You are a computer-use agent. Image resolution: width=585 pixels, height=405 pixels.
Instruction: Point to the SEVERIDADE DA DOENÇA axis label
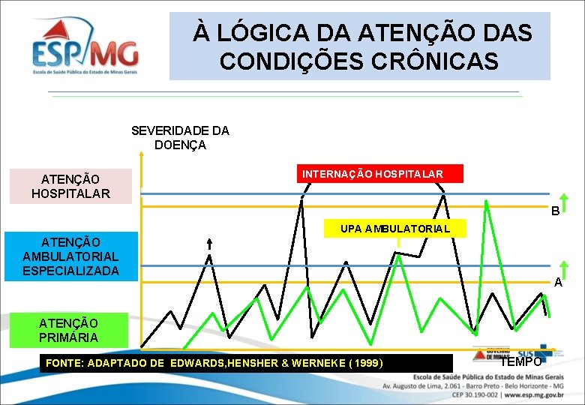(180, 137)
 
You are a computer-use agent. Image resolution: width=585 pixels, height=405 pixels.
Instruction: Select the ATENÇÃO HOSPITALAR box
(70, 186)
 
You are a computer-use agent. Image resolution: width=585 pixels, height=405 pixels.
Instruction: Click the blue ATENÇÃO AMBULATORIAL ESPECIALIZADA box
(70, 256)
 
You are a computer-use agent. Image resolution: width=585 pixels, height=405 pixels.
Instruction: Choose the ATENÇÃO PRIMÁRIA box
(68, 330)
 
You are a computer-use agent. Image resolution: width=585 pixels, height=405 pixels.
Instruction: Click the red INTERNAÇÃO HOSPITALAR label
(373, 174)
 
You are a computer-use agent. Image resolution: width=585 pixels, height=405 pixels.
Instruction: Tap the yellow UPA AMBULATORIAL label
(394, 228)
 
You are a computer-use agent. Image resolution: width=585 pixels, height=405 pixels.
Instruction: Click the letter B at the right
(556, 211)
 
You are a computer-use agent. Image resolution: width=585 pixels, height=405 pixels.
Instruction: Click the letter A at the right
(558, 283)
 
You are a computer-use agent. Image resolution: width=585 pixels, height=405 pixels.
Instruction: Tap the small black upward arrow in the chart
(209, 244)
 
